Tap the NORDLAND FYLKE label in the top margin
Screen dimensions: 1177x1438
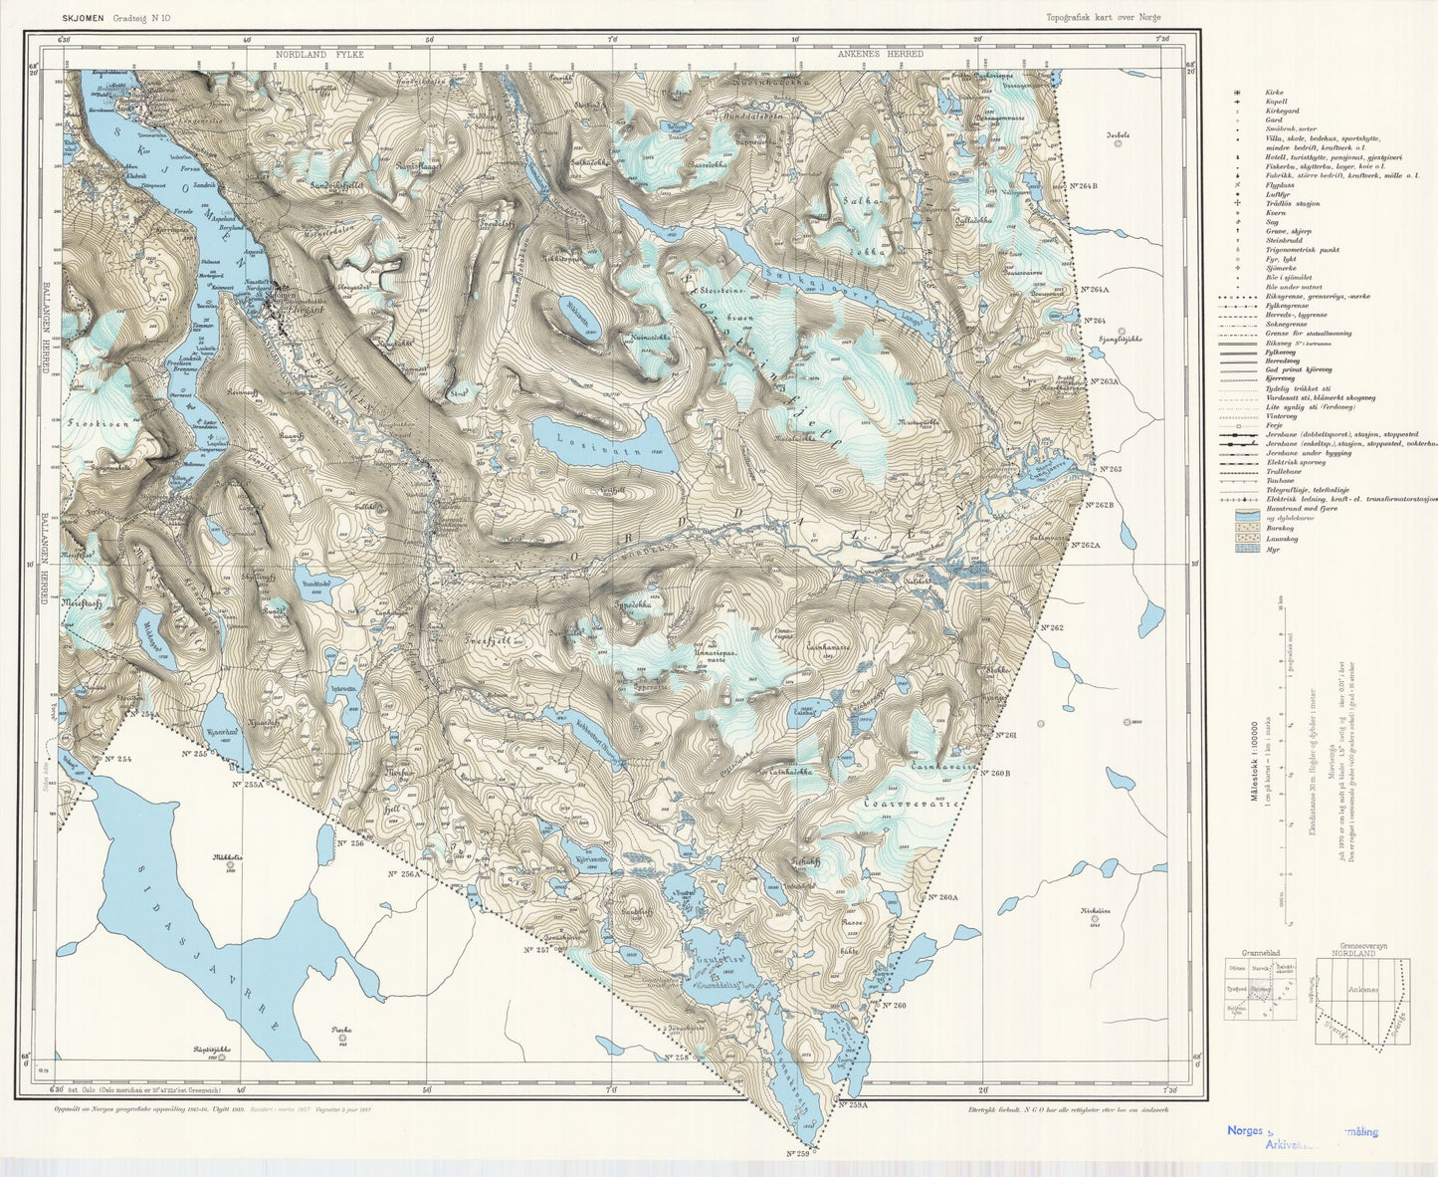click(x=320, y=54)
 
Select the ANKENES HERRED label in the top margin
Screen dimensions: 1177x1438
click(x=880, y=54)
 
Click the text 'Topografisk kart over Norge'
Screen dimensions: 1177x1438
click(x=1103, y=17)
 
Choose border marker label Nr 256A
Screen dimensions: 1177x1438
click(x=404, y=873)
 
